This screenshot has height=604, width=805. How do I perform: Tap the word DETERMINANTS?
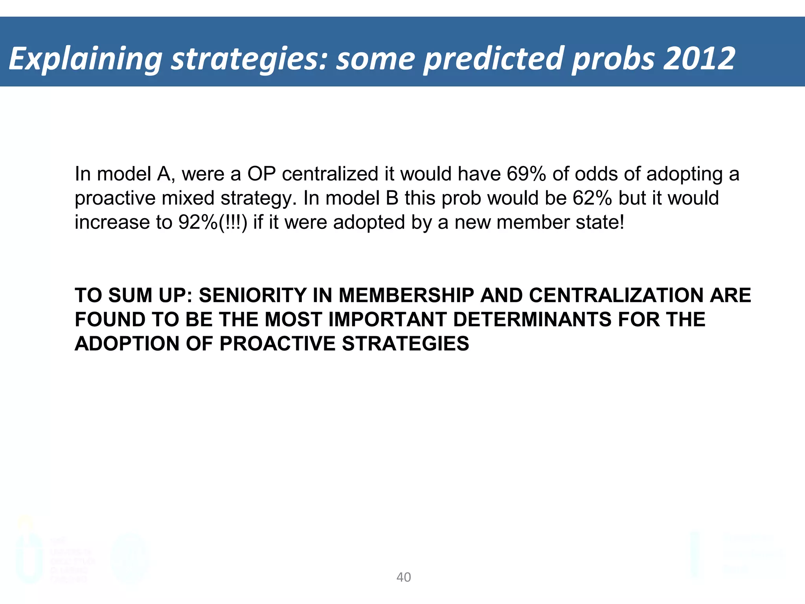pos(532,319)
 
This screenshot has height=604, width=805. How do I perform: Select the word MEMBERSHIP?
pos(406,295)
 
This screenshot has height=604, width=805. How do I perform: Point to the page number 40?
pos(404,577)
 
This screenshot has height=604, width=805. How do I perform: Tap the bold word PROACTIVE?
pos(277,344)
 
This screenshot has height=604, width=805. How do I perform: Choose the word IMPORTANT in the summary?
pos(387,319)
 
